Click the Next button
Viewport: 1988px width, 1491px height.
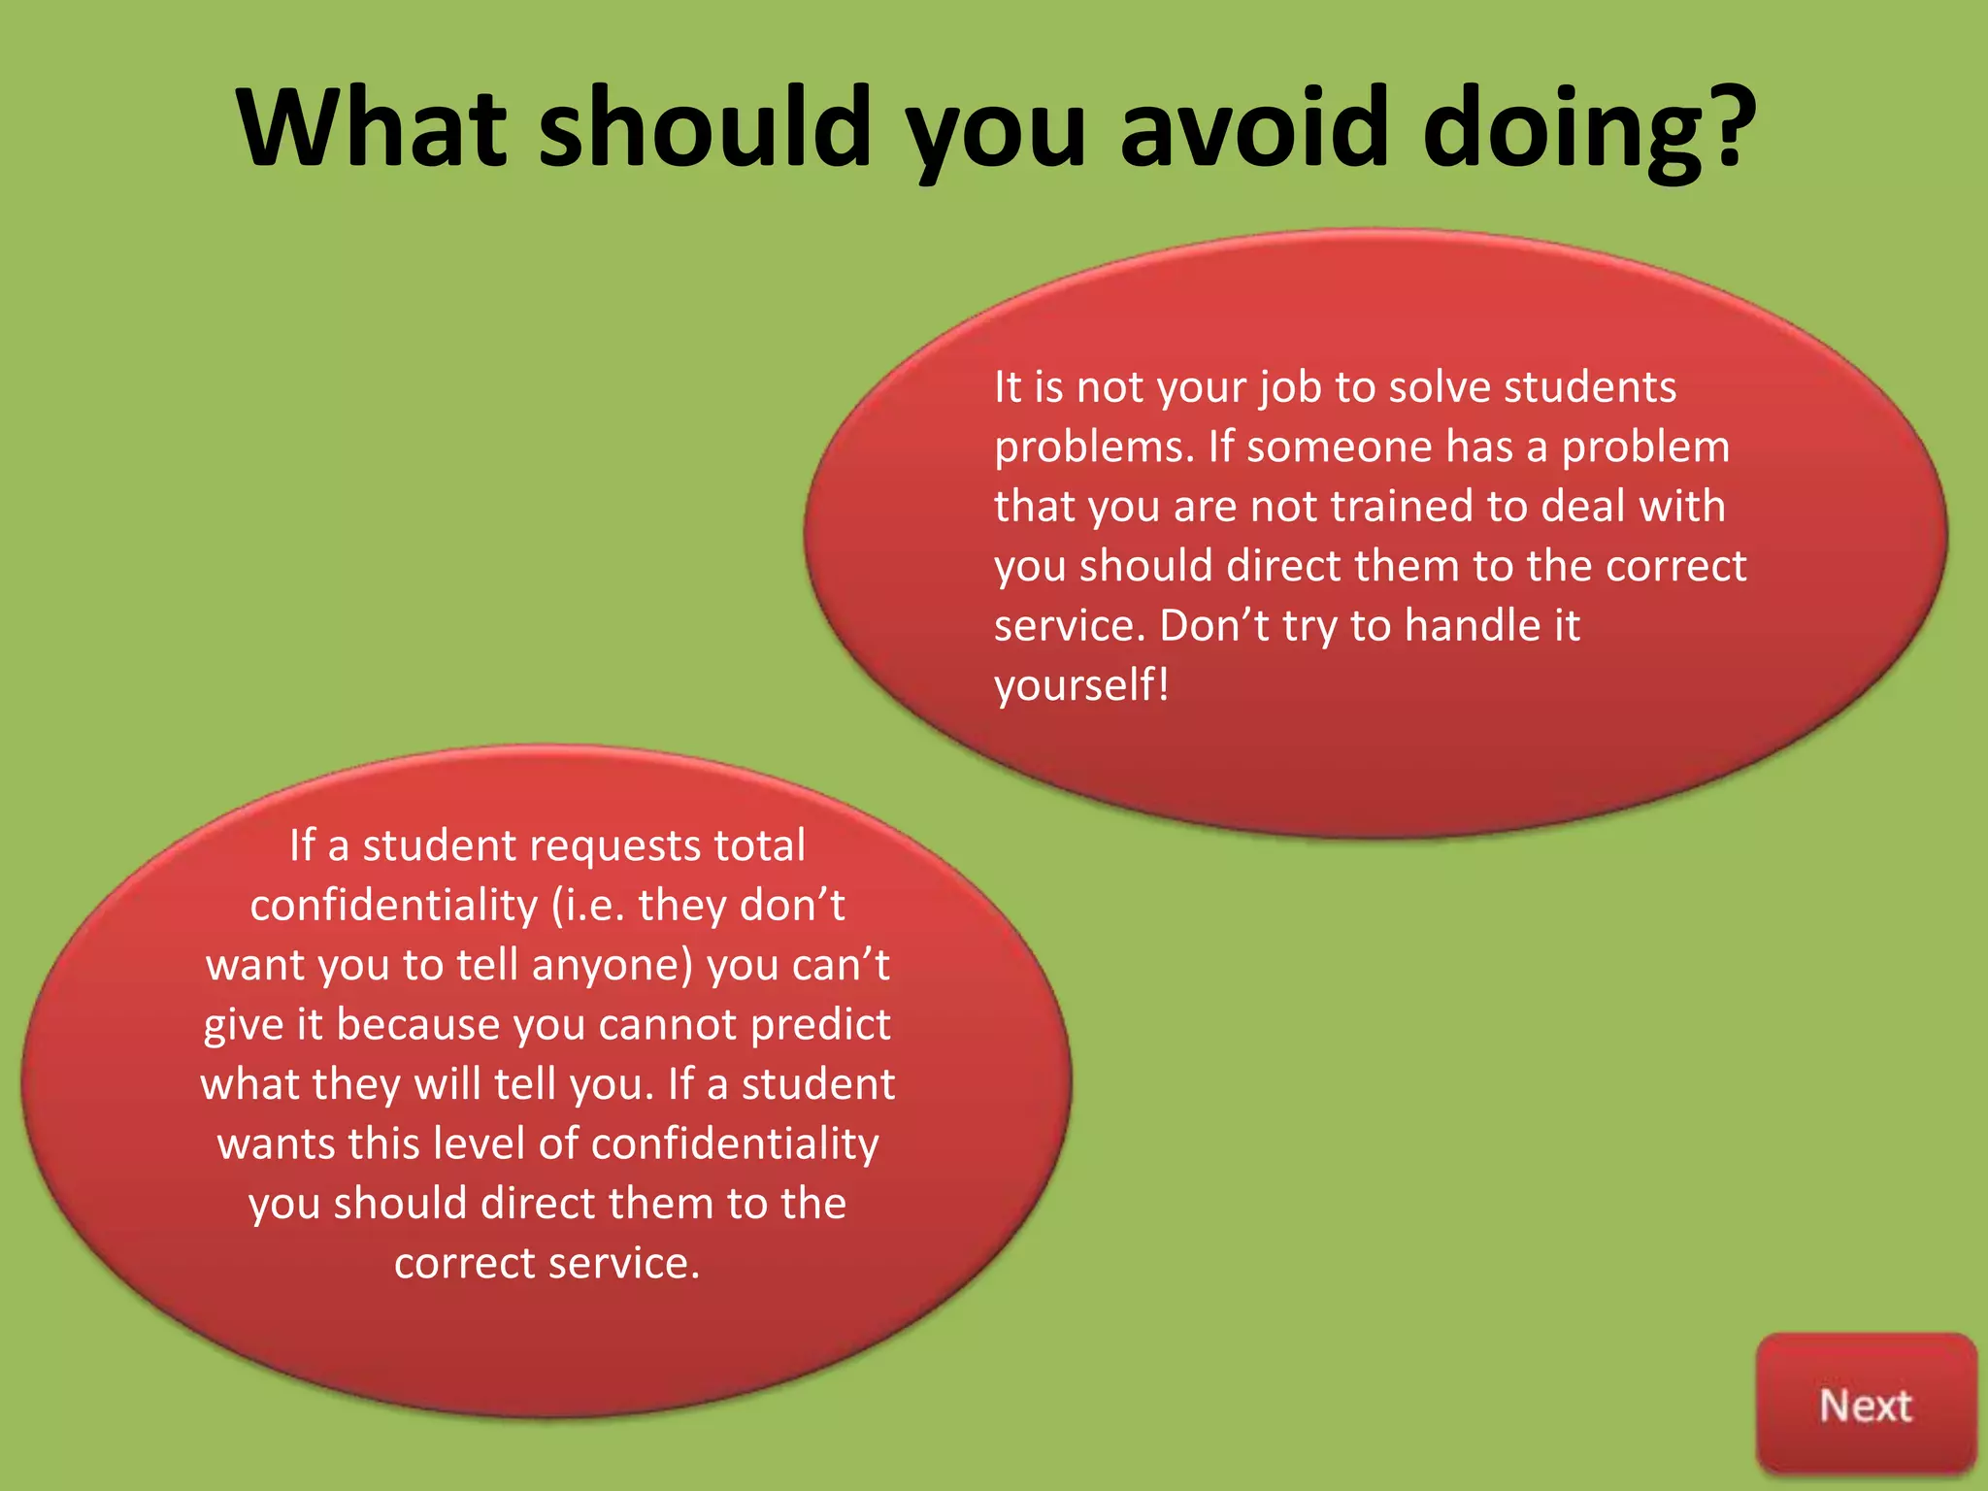(x=1865, y=1406)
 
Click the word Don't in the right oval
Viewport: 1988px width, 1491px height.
(x=1213, y=626)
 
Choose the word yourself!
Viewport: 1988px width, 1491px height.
(x=1081, y=685)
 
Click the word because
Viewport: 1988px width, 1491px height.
(x=417, y=1025)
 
